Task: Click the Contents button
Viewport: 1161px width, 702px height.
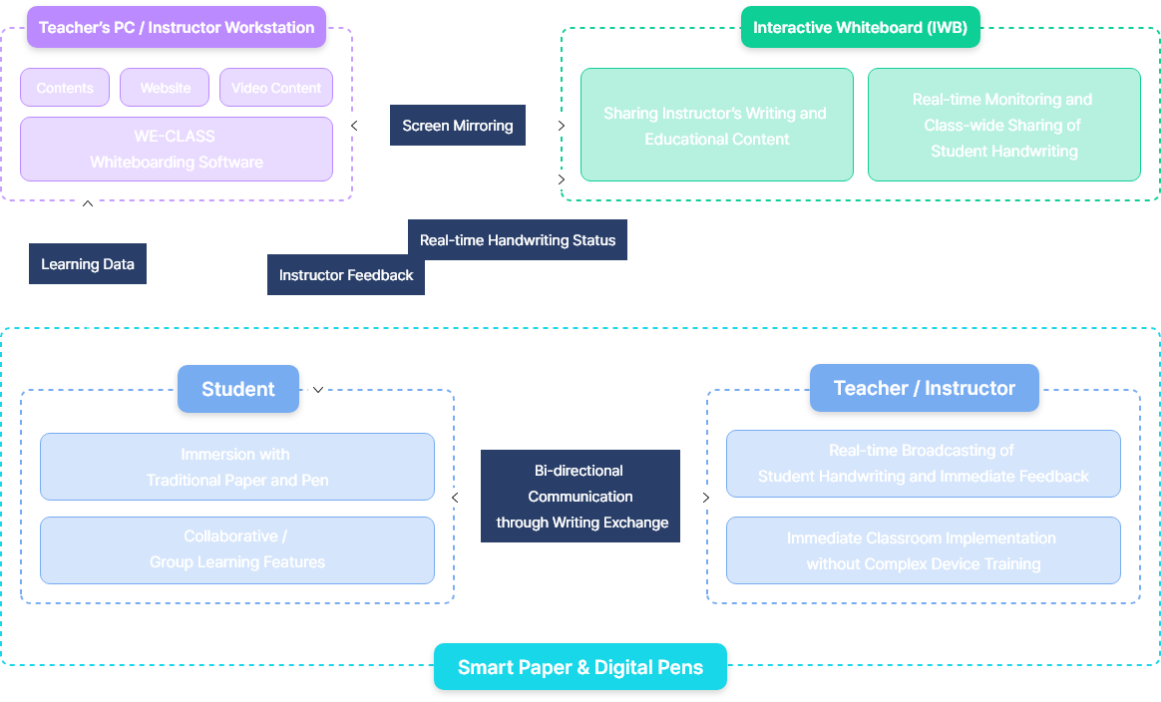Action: pyautogui.click(x=65, y=88)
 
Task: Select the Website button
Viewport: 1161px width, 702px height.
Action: pyautogui.click(x=165, y=88)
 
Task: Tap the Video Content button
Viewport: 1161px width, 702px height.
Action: pyautogui.click(x=276, y=88)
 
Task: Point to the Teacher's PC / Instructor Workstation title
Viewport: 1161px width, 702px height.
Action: pyautogui.click(x=177, y=27)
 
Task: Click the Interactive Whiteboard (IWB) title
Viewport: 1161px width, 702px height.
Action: pyautogui.click(x=860, y=27)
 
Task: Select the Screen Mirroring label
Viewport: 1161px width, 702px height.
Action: pyautogui.click(x=458, y=126)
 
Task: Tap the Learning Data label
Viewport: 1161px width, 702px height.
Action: pyautogui.click(x=88, y=264)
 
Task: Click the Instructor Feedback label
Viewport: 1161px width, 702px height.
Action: pyautogui.click(x=346, y=275)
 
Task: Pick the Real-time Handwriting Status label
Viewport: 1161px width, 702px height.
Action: pyautogui.click(x=518, y=240)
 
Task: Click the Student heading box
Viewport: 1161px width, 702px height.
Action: pyautogui.click(x=238, y=389)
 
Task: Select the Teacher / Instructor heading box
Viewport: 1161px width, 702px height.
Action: pyautogui.click(x=924, y=388)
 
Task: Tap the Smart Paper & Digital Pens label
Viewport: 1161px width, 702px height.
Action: pyautogui.click(x=580, y=667)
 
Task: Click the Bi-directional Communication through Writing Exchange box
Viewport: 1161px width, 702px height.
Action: pyautogui.click(x=580, y=497)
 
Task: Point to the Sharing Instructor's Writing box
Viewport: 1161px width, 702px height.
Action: pyautogui.click(x=716, y=126)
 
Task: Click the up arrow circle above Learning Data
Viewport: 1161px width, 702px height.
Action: pyautogui.click(x=88, y=203)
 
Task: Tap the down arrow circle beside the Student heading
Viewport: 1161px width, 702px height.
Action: pyautogui.click(x=318, y=389)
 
